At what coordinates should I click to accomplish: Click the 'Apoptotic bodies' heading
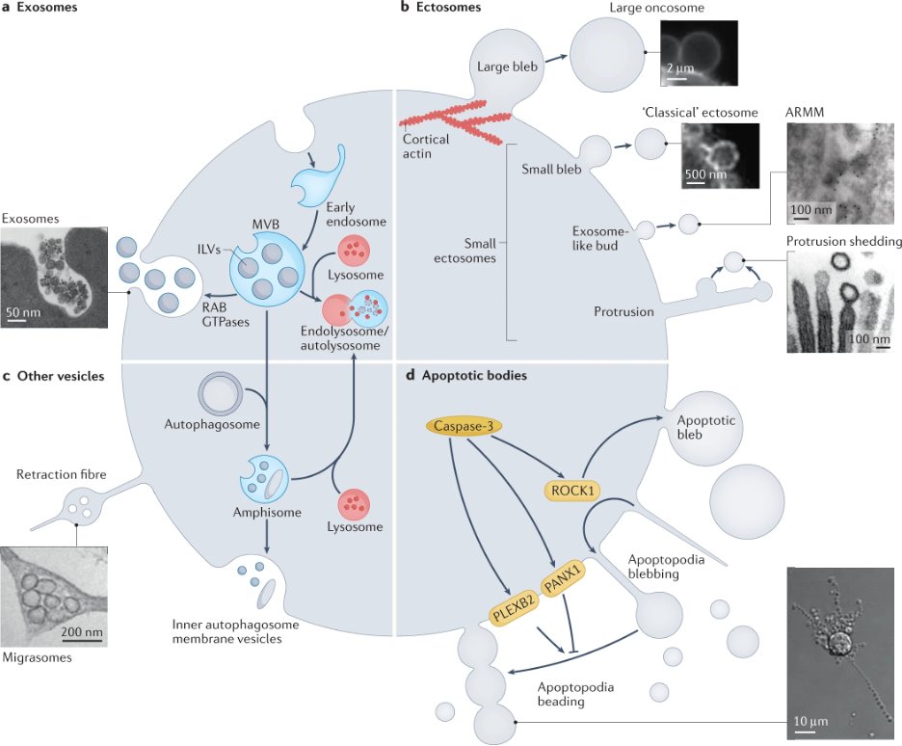point(474,375)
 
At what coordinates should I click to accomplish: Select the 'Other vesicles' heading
point(62,375)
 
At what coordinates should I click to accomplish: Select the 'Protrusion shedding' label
point(843,241)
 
